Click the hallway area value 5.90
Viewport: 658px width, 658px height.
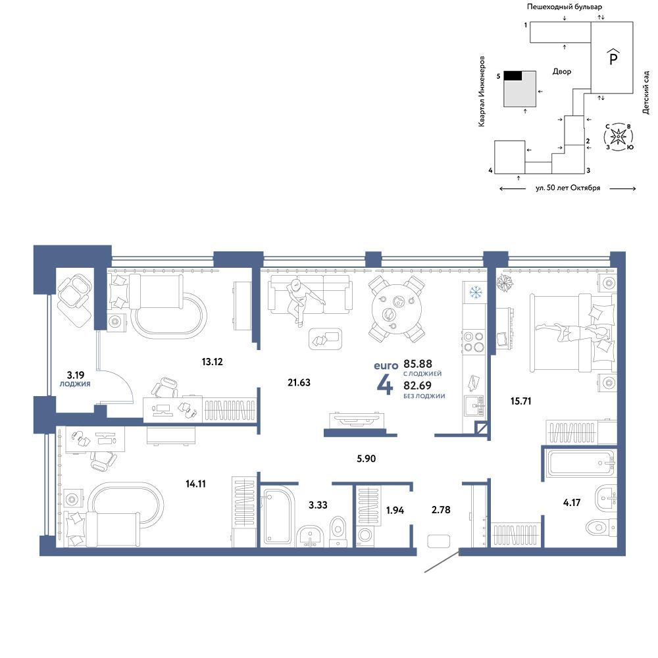(x=366, y=458)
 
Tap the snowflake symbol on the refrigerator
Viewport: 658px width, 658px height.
(x=474, y=290)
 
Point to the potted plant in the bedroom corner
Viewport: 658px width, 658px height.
(x=506, y=284)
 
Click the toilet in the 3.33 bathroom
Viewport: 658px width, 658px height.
(x=338, y=530)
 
